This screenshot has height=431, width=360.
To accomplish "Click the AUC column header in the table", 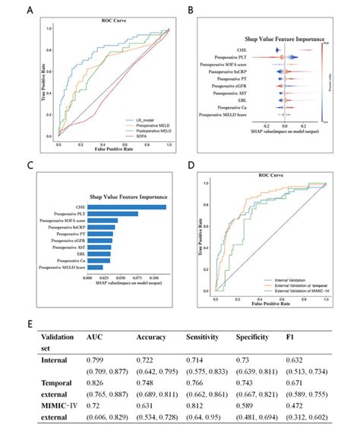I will click(95, 336).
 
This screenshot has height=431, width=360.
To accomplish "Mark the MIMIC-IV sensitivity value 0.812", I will click(195, 405).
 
